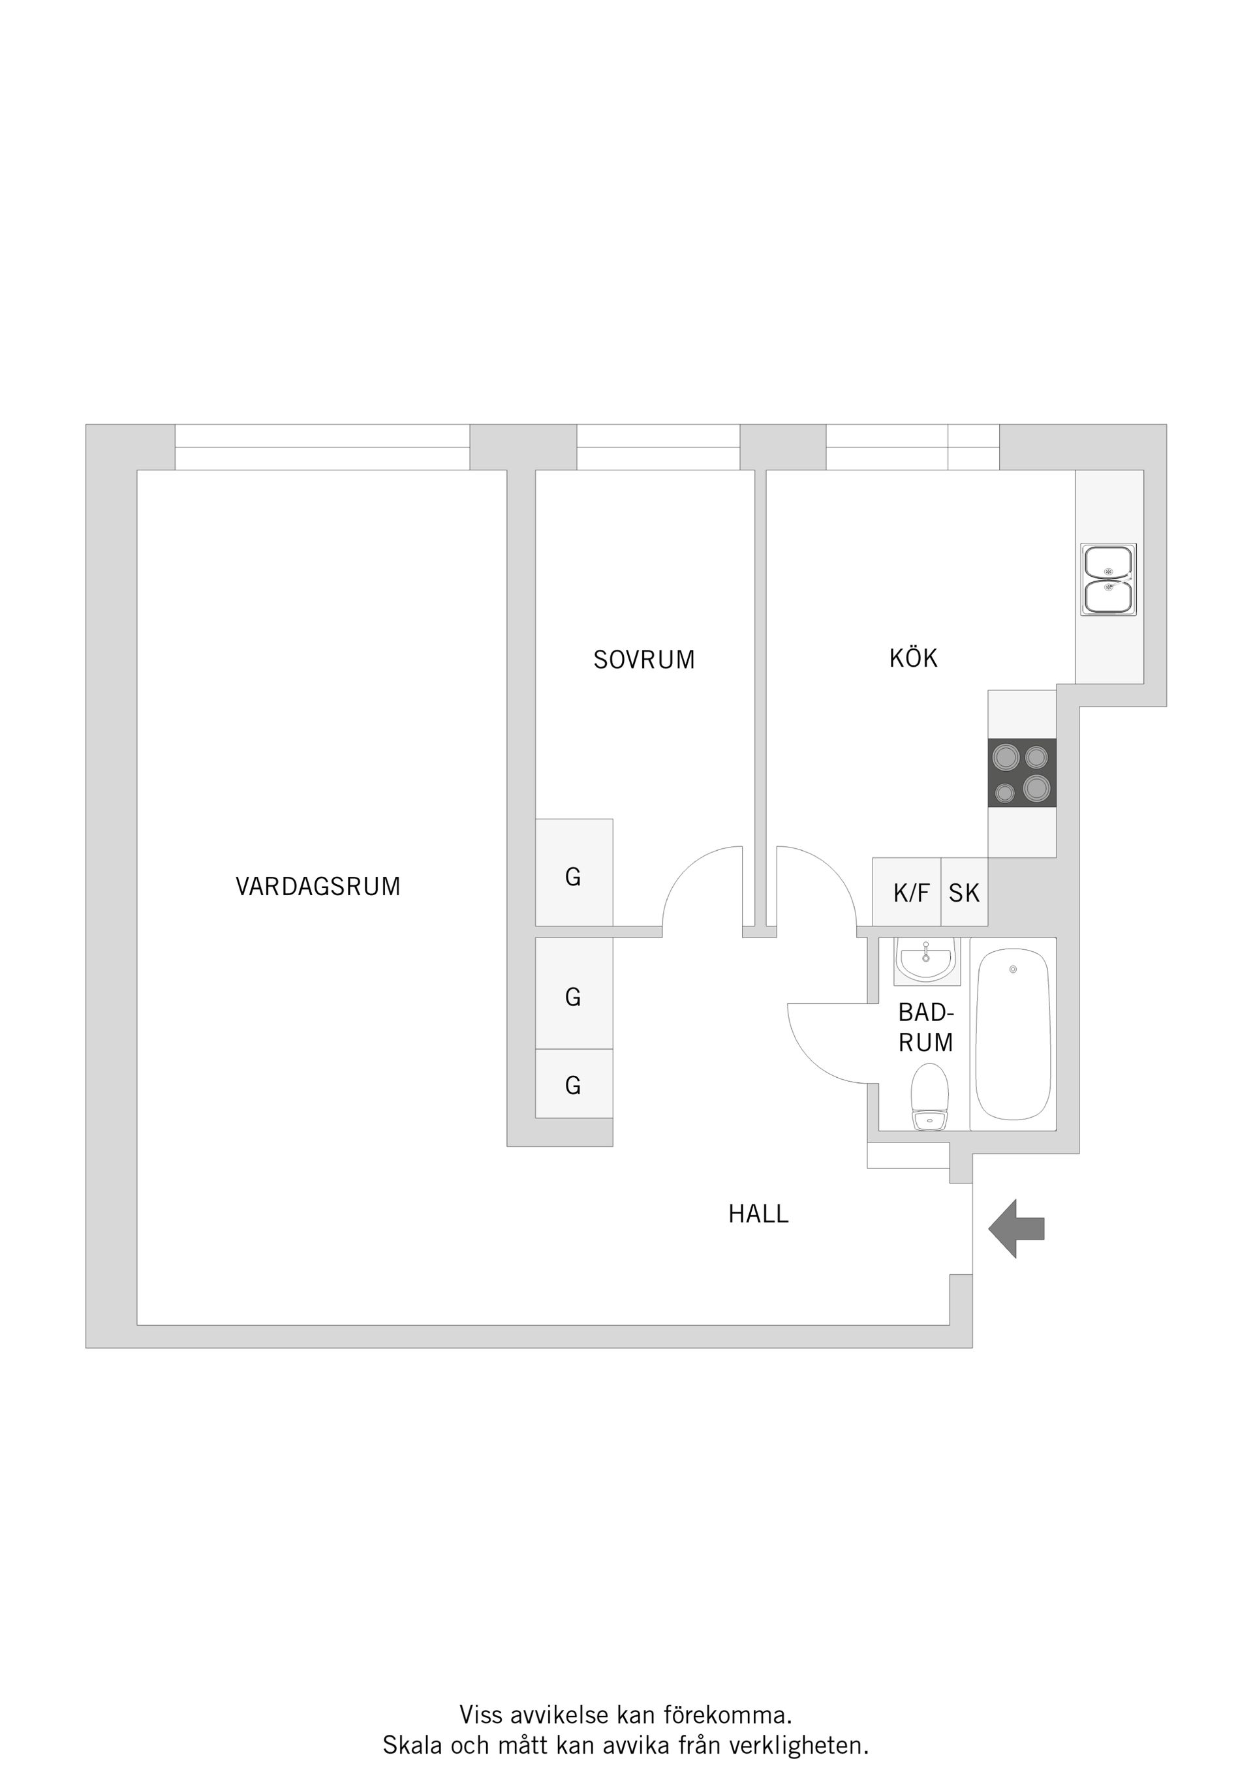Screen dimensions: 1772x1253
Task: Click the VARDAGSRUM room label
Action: click(x=318, y=886)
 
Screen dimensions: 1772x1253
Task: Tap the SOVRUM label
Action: click(x=644, y=660)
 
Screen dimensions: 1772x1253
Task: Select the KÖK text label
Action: click(x=913, y=658)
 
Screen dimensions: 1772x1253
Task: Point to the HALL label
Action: click(x=758, y=1214)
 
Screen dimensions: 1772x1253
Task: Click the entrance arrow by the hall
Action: click(x=1016, y=1229)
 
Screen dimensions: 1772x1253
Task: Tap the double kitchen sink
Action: click(x=1109, y=579)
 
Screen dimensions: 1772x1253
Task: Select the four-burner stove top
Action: click(x=1021, y=773)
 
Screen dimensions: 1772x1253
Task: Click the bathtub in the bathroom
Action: click(x=1013, y=1035)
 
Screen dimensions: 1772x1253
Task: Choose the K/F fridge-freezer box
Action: click(x=910, y=893)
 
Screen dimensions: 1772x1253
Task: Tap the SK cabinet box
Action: click(x=963, y=893)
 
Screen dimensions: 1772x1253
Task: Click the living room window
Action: click(x=322, y=447)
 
